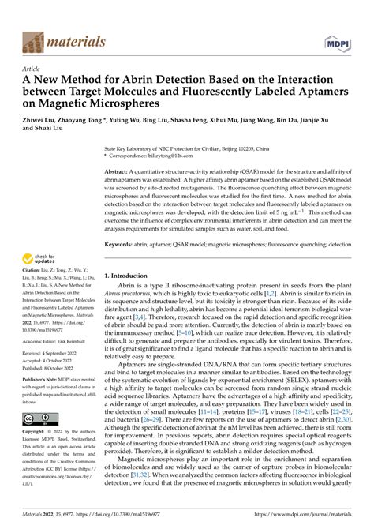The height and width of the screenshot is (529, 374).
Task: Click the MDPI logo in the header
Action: tap(337, 41)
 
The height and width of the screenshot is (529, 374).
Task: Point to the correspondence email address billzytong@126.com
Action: tap(171, 156)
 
